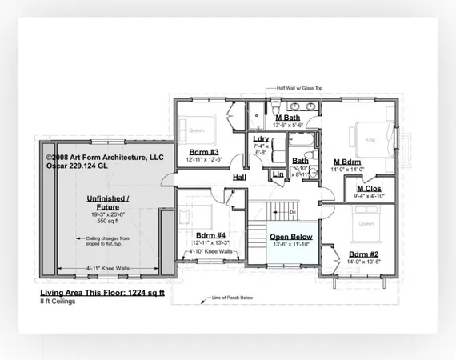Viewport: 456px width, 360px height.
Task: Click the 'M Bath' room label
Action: tap(287, 118)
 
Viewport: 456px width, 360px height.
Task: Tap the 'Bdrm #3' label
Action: tap(203, 151)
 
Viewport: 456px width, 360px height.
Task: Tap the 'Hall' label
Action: tap(240, 177)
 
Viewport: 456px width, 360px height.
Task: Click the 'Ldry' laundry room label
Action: tap(260, 139)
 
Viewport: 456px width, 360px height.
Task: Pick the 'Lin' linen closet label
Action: tap(278, 174)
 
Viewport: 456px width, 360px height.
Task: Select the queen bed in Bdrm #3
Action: tap(197, 126)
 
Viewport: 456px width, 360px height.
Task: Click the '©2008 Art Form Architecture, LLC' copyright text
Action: tap(104, 158)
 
